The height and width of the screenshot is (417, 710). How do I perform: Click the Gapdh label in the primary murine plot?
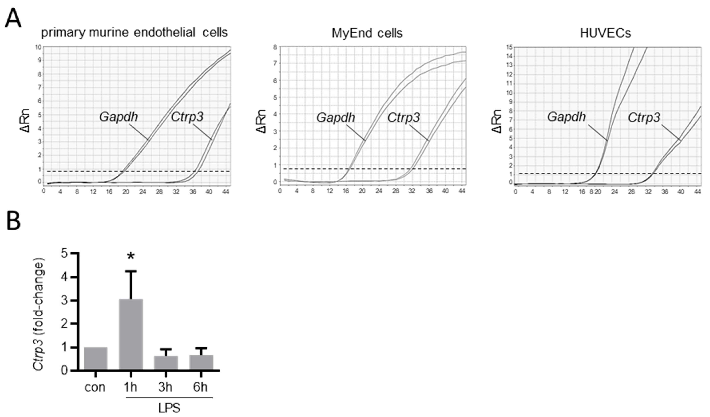tap(119, 117)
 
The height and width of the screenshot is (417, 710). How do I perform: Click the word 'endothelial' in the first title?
tap(164, 33)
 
